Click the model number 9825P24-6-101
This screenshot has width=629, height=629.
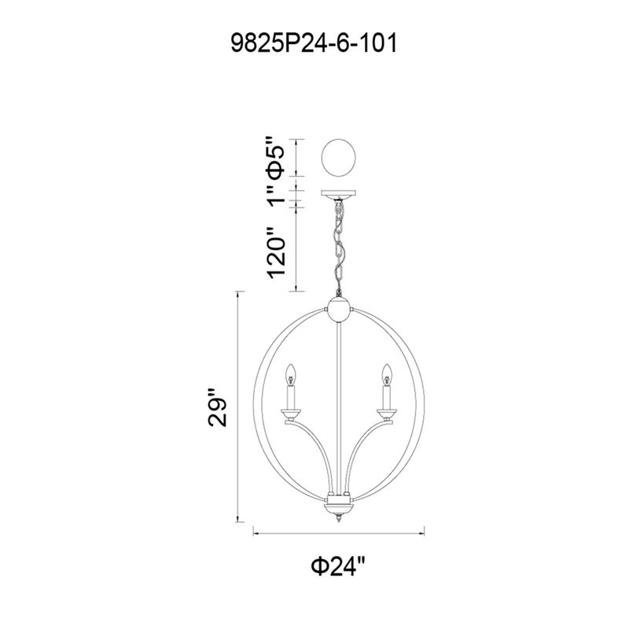click(314, 43)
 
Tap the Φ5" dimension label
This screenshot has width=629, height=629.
click(276, 157)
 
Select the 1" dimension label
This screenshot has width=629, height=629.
click(276, 197)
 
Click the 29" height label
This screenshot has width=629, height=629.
click(218, 407)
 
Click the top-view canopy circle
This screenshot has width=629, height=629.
click(339, 158)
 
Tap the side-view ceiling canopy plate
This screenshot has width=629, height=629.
click(339, 194)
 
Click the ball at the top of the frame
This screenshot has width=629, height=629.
click(340, 310)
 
